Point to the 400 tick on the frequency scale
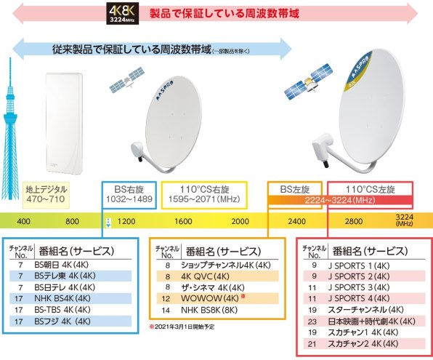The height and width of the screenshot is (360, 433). tap(23, 221)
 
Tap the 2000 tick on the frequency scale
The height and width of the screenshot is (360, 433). tap(240, 221)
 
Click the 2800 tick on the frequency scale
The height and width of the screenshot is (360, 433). tap(354, 221)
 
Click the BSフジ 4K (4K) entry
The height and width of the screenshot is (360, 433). tap(62, 321)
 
